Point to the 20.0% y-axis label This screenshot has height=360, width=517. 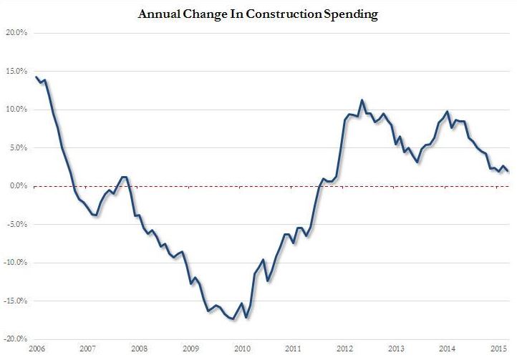pos(16,33)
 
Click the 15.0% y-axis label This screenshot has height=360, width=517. pos(16,72)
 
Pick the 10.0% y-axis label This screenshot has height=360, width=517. pos(16,110)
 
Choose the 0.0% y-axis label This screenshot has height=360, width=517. pos(17,186)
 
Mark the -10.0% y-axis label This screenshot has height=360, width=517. pos(15,263)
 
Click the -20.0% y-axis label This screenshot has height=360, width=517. pos(15,339)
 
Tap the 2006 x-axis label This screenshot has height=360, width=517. pos(37,349)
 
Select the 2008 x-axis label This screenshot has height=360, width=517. pos(139,349)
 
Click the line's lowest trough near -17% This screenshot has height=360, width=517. pos(234,319)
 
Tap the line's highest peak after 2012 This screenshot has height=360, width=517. pos(362,100)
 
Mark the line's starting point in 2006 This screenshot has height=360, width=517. pos(37,77)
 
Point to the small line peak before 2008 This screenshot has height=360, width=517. pos(124,177)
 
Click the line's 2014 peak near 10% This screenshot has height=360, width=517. pos(448,112)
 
